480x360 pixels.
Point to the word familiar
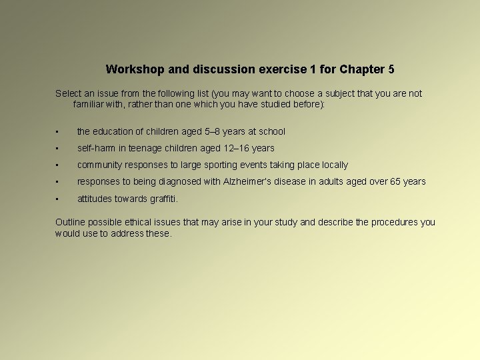pos(89,104)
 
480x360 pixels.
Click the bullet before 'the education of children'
pos(59,132)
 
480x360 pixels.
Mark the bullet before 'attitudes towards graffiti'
pos(59,199)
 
